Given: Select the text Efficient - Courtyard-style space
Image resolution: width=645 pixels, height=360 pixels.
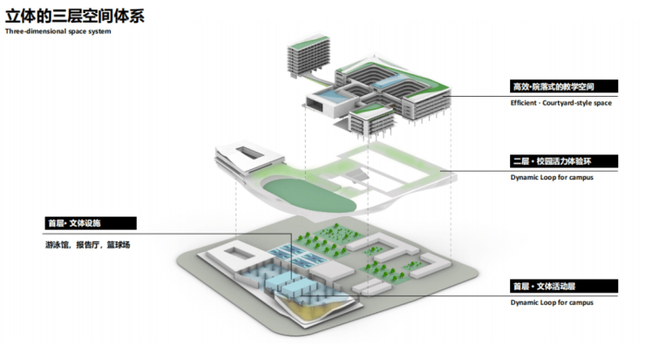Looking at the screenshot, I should (561, 104).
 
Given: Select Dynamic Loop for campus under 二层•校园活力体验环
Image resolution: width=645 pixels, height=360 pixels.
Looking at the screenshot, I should (552, 178).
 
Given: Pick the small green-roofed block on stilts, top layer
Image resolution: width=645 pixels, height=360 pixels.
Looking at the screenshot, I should (370, 118).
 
